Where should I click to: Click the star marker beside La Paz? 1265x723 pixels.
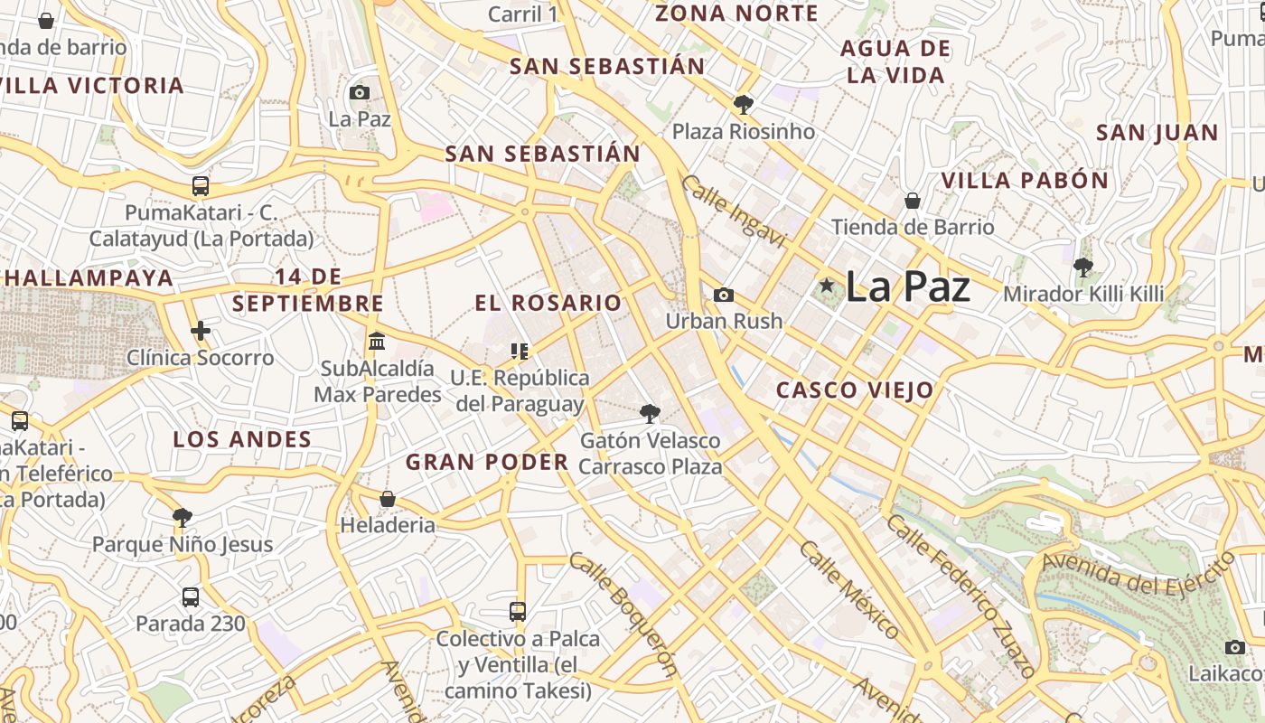pyautogui.click(x=826, y=286)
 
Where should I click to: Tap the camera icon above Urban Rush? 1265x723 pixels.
pyautogui.click(x=724, y=295)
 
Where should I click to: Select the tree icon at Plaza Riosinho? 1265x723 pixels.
pyautogui.click(x=744, y=105)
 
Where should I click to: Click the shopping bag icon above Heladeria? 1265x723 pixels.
pyautogui.click(x=388, y=499)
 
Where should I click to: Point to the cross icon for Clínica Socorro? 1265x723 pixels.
pyautogui.click(x=200, y=331)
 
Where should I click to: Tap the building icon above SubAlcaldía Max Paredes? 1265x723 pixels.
pyautogui.click(x=377, y=343)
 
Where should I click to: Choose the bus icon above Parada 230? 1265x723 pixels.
pyautogui.click(x=191, y=597)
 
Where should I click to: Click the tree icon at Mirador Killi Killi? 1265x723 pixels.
pyautogui.click(x=1082, y=268)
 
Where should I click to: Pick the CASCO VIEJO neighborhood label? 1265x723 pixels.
pyautogui.click(x=855, y=390)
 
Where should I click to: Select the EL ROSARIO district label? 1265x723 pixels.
pyautogui.click(x=548, y=303)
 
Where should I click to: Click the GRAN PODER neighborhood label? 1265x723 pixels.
pyautogui.click(x=486, y=463)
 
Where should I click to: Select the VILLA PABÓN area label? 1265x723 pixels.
pyautogui.click(x=1025, y=180)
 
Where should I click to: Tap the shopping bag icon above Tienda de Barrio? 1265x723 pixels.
pyautogui.click(x=913, y=200)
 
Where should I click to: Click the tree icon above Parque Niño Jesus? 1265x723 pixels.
pyautogui.click(x=183, y=518)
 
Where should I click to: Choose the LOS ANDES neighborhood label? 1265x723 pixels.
pyautogui.click(x=242, y=440)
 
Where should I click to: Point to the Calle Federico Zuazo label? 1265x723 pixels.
pyautogui.click(x=960, y=596)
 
